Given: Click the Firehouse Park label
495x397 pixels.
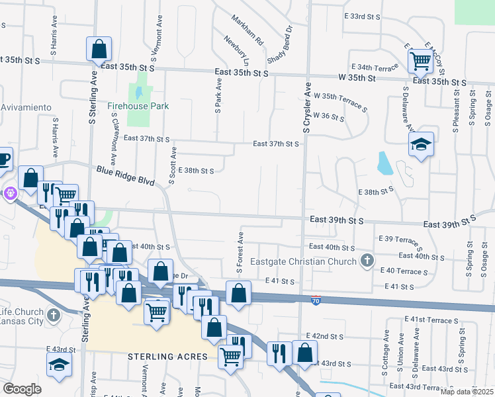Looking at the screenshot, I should click(x=138, y=106).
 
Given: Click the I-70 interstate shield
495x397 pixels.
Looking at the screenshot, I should click(x=317, y=299).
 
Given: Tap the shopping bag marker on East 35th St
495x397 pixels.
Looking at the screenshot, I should click(x=99, y=48).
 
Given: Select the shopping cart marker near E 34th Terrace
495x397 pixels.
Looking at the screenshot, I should click(x=421, y=61).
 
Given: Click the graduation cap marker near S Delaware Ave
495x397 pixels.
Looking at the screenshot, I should click(x=421, y=144).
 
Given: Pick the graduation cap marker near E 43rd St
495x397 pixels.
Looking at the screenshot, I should click(x=59, y=364).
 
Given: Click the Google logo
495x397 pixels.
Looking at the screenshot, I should click(x=22, y=389).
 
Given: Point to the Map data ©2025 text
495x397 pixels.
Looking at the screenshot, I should click(x=466, y=392).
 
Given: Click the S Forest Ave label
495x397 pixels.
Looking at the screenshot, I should click(x=241, y=252).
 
